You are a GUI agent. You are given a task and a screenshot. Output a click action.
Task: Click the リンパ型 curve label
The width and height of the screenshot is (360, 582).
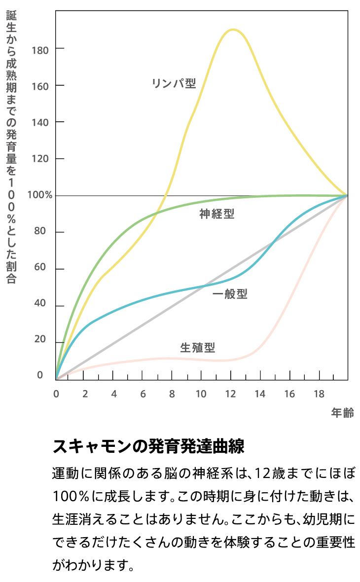174,83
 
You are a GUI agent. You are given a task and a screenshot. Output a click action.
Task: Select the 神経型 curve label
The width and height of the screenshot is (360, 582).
217,214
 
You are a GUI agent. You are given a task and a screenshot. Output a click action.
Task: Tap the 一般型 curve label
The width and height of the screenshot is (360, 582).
230,294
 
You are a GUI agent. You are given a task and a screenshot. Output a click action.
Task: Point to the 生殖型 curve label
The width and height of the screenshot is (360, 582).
198,348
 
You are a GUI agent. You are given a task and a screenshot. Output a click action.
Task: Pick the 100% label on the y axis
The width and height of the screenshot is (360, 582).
40,195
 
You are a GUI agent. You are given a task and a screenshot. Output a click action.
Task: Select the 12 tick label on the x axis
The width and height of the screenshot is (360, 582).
230,394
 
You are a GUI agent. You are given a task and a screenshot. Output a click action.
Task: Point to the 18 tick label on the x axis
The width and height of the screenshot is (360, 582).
319,394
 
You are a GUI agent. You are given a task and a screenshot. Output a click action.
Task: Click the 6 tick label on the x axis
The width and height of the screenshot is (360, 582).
143,394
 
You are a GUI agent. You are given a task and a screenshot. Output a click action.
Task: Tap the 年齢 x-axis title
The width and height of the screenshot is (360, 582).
342,413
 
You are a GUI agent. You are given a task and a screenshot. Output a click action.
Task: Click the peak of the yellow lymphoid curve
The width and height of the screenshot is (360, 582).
232,30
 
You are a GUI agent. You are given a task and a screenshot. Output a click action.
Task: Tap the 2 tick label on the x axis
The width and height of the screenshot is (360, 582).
85,394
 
